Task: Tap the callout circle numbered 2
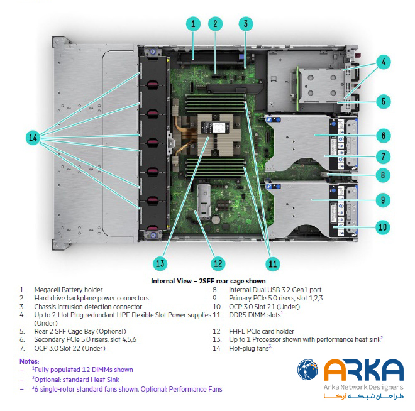[x=215, y=24]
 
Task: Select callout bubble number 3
[x=246, y=24]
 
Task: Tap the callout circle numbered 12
[x=218, y=263]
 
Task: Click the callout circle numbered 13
[x=161, y=263]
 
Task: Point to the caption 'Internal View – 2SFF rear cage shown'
[x=208, y=281]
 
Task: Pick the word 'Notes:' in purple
[x=28, y=361]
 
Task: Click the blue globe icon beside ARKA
[x=308, y=370]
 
